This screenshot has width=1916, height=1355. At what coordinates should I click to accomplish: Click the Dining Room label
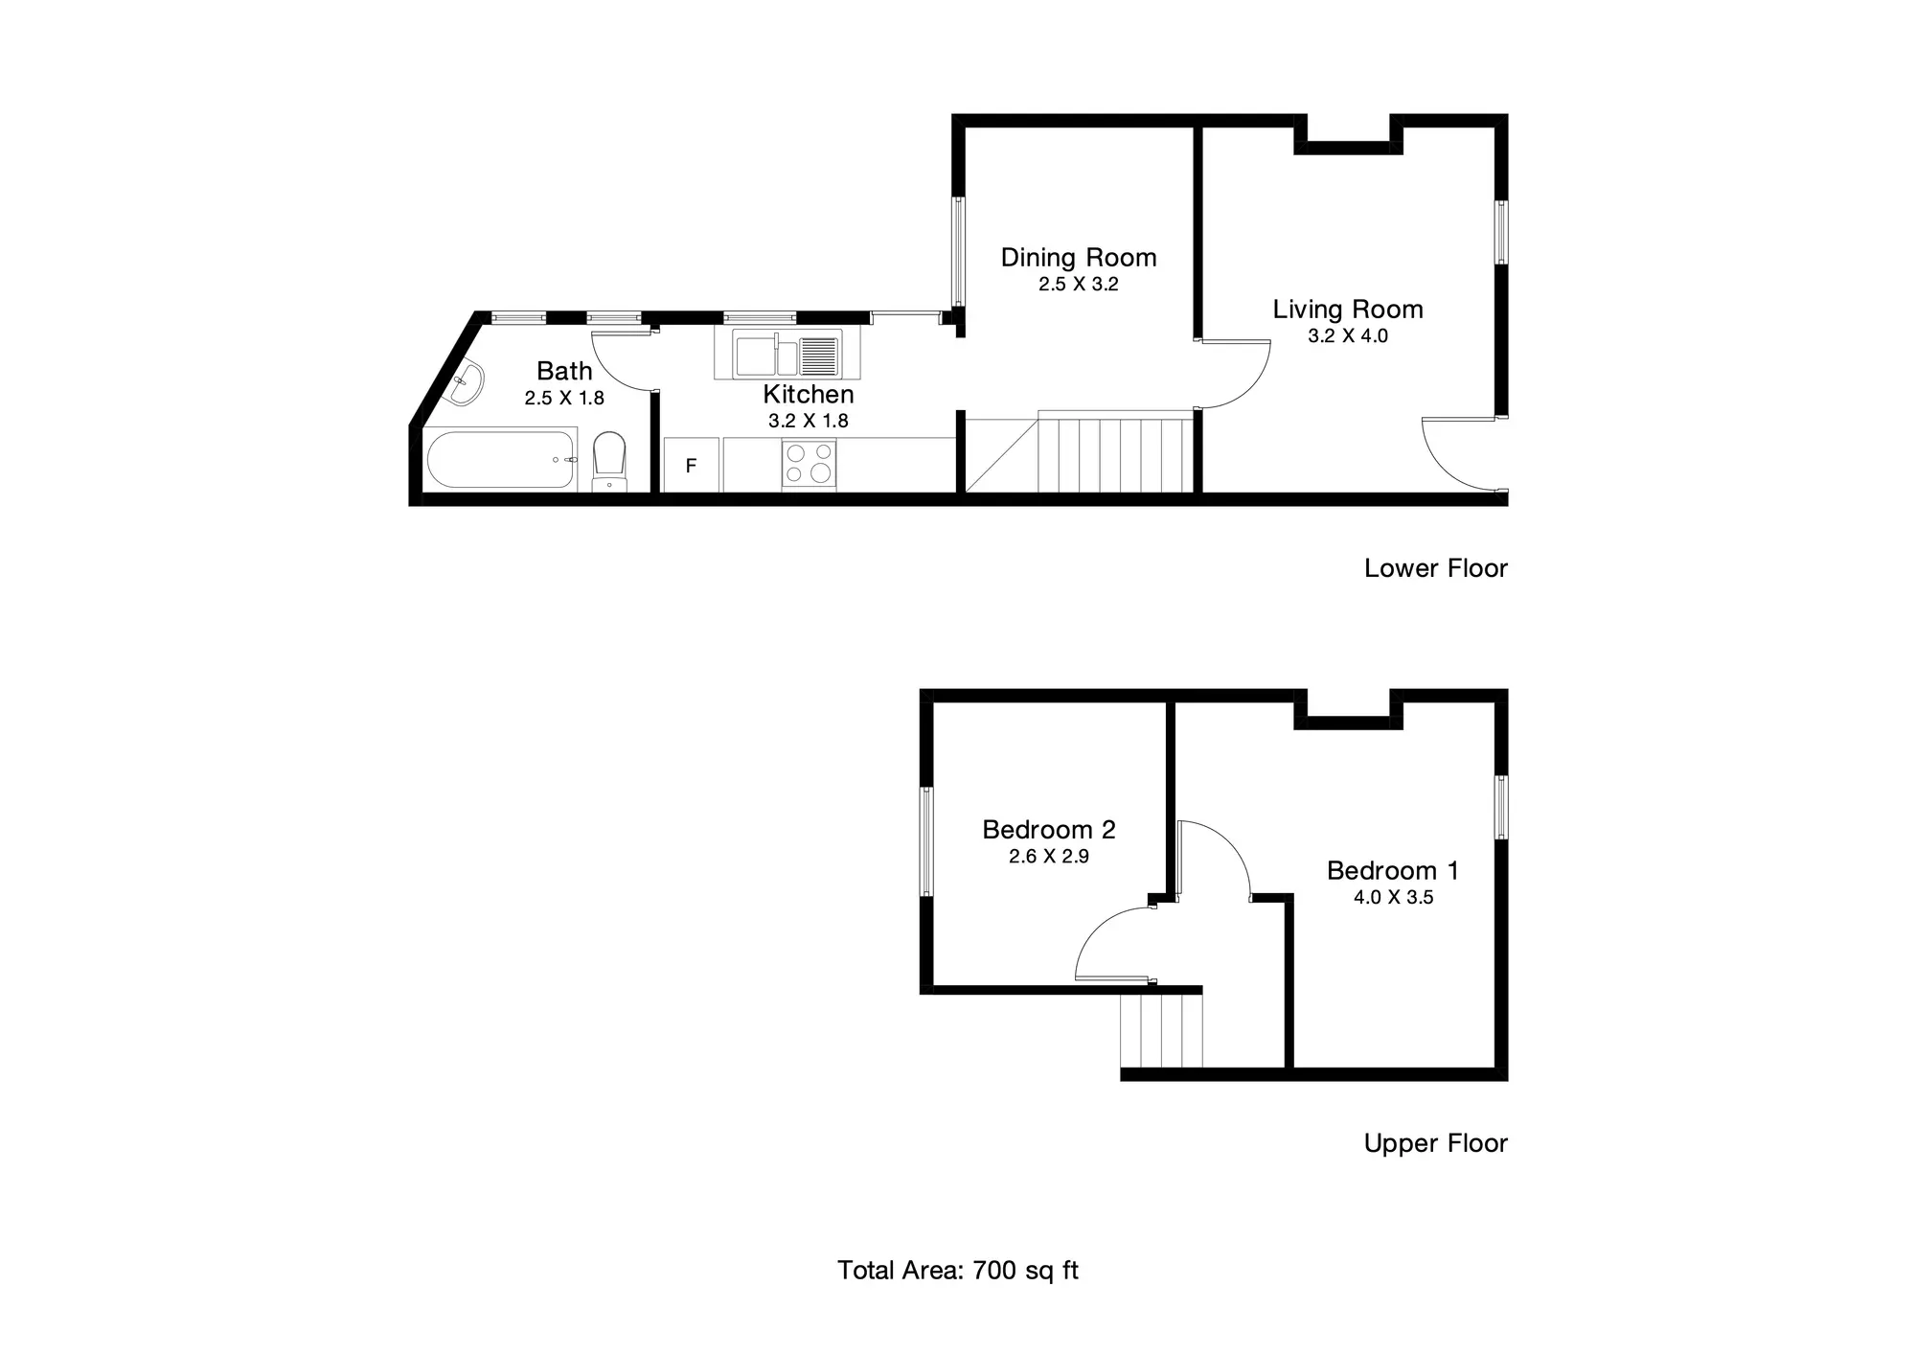tap(1079, 258)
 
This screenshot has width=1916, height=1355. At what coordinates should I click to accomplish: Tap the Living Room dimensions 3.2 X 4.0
tap(1348, 336)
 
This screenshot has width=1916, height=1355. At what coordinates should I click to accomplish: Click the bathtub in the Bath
tap(500, 459)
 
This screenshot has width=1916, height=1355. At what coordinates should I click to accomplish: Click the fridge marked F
tap(691, 466)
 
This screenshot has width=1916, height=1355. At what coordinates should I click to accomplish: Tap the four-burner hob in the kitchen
tap(810, 465)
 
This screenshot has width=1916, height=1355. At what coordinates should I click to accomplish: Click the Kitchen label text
tap(809, 394)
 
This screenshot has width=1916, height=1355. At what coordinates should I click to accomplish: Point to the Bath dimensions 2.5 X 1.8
tap(564, 398)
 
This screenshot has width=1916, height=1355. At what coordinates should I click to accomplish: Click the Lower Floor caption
tap(1436, 568)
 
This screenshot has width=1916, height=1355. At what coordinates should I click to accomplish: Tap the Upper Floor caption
tap(1436, 1143)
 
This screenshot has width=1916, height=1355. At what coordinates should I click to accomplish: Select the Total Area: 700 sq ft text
tap(958, 1271)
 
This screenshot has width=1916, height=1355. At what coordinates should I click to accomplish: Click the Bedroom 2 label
tap(1049, 830)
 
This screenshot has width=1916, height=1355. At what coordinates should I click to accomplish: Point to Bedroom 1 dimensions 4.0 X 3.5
tap(1394, 898)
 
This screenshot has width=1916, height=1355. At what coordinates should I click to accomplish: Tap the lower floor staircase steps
tap(1079, 451)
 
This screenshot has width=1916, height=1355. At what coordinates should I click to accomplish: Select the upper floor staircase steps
tap(1161, 1031)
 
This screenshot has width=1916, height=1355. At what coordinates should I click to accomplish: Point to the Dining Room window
tap(957, 252)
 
